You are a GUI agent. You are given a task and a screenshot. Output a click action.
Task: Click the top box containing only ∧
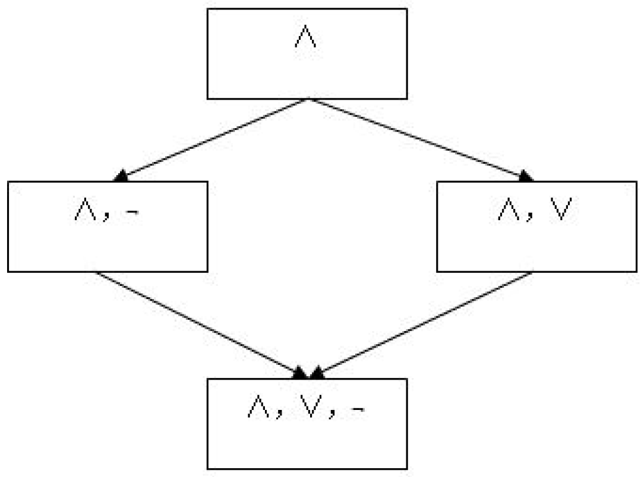pyautogui.click(x=307, y=53)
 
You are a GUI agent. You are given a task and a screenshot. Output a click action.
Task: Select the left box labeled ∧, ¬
pyautogui.click(x=108, y=227)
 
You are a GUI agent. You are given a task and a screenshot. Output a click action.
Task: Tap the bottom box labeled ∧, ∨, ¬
pyautogui.click(x=307, y=424)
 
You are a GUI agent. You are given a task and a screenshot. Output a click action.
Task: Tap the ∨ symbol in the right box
pyautogui.click(x=558, y=211)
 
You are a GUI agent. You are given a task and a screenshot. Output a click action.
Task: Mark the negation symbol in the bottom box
pyautogui.click(x=356, y=409)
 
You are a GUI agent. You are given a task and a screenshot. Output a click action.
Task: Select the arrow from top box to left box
pyautogui.click(x=214, y=138)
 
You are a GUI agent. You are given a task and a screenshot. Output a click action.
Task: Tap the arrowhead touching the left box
pyautogui.click(x=122, y=176)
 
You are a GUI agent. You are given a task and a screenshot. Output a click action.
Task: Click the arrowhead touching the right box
pyautogui.click(x=525, y=176)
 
